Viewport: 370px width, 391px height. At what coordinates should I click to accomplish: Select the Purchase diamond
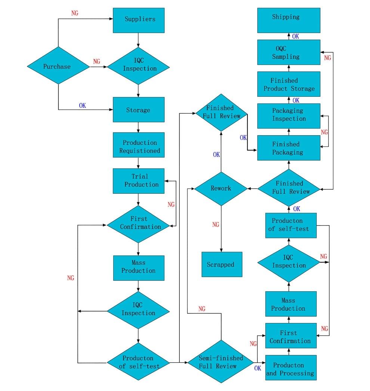[x=58, y=66]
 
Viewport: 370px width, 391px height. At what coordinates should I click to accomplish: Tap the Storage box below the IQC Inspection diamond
[x=139, y=109]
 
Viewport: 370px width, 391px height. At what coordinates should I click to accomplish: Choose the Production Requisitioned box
[x=139, y=146]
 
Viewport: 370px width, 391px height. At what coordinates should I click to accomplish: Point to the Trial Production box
[x=139, y=181]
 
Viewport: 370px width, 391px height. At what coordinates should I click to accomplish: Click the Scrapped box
[x=222, y=264]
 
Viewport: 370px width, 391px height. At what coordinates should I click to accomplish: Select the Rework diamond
[x=221, y=189]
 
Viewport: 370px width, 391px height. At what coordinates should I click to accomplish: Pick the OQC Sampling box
[x=289, y=52]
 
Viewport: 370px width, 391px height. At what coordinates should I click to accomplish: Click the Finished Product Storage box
[x=289, y=84]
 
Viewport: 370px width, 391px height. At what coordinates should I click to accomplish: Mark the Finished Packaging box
[x=289, y=148]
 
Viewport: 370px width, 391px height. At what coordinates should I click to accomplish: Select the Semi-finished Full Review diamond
[x=221, y=362]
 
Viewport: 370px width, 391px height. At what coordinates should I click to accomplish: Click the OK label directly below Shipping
[x=295, y=36]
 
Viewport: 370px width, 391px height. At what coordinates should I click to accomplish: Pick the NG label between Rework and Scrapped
[x=216, y=225]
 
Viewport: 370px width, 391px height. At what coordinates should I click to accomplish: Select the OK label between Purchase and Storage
[x=82, y=106]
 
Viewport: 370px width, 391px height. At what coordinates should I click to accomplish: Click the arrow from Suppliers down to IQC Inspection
[x=139, y=40]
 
